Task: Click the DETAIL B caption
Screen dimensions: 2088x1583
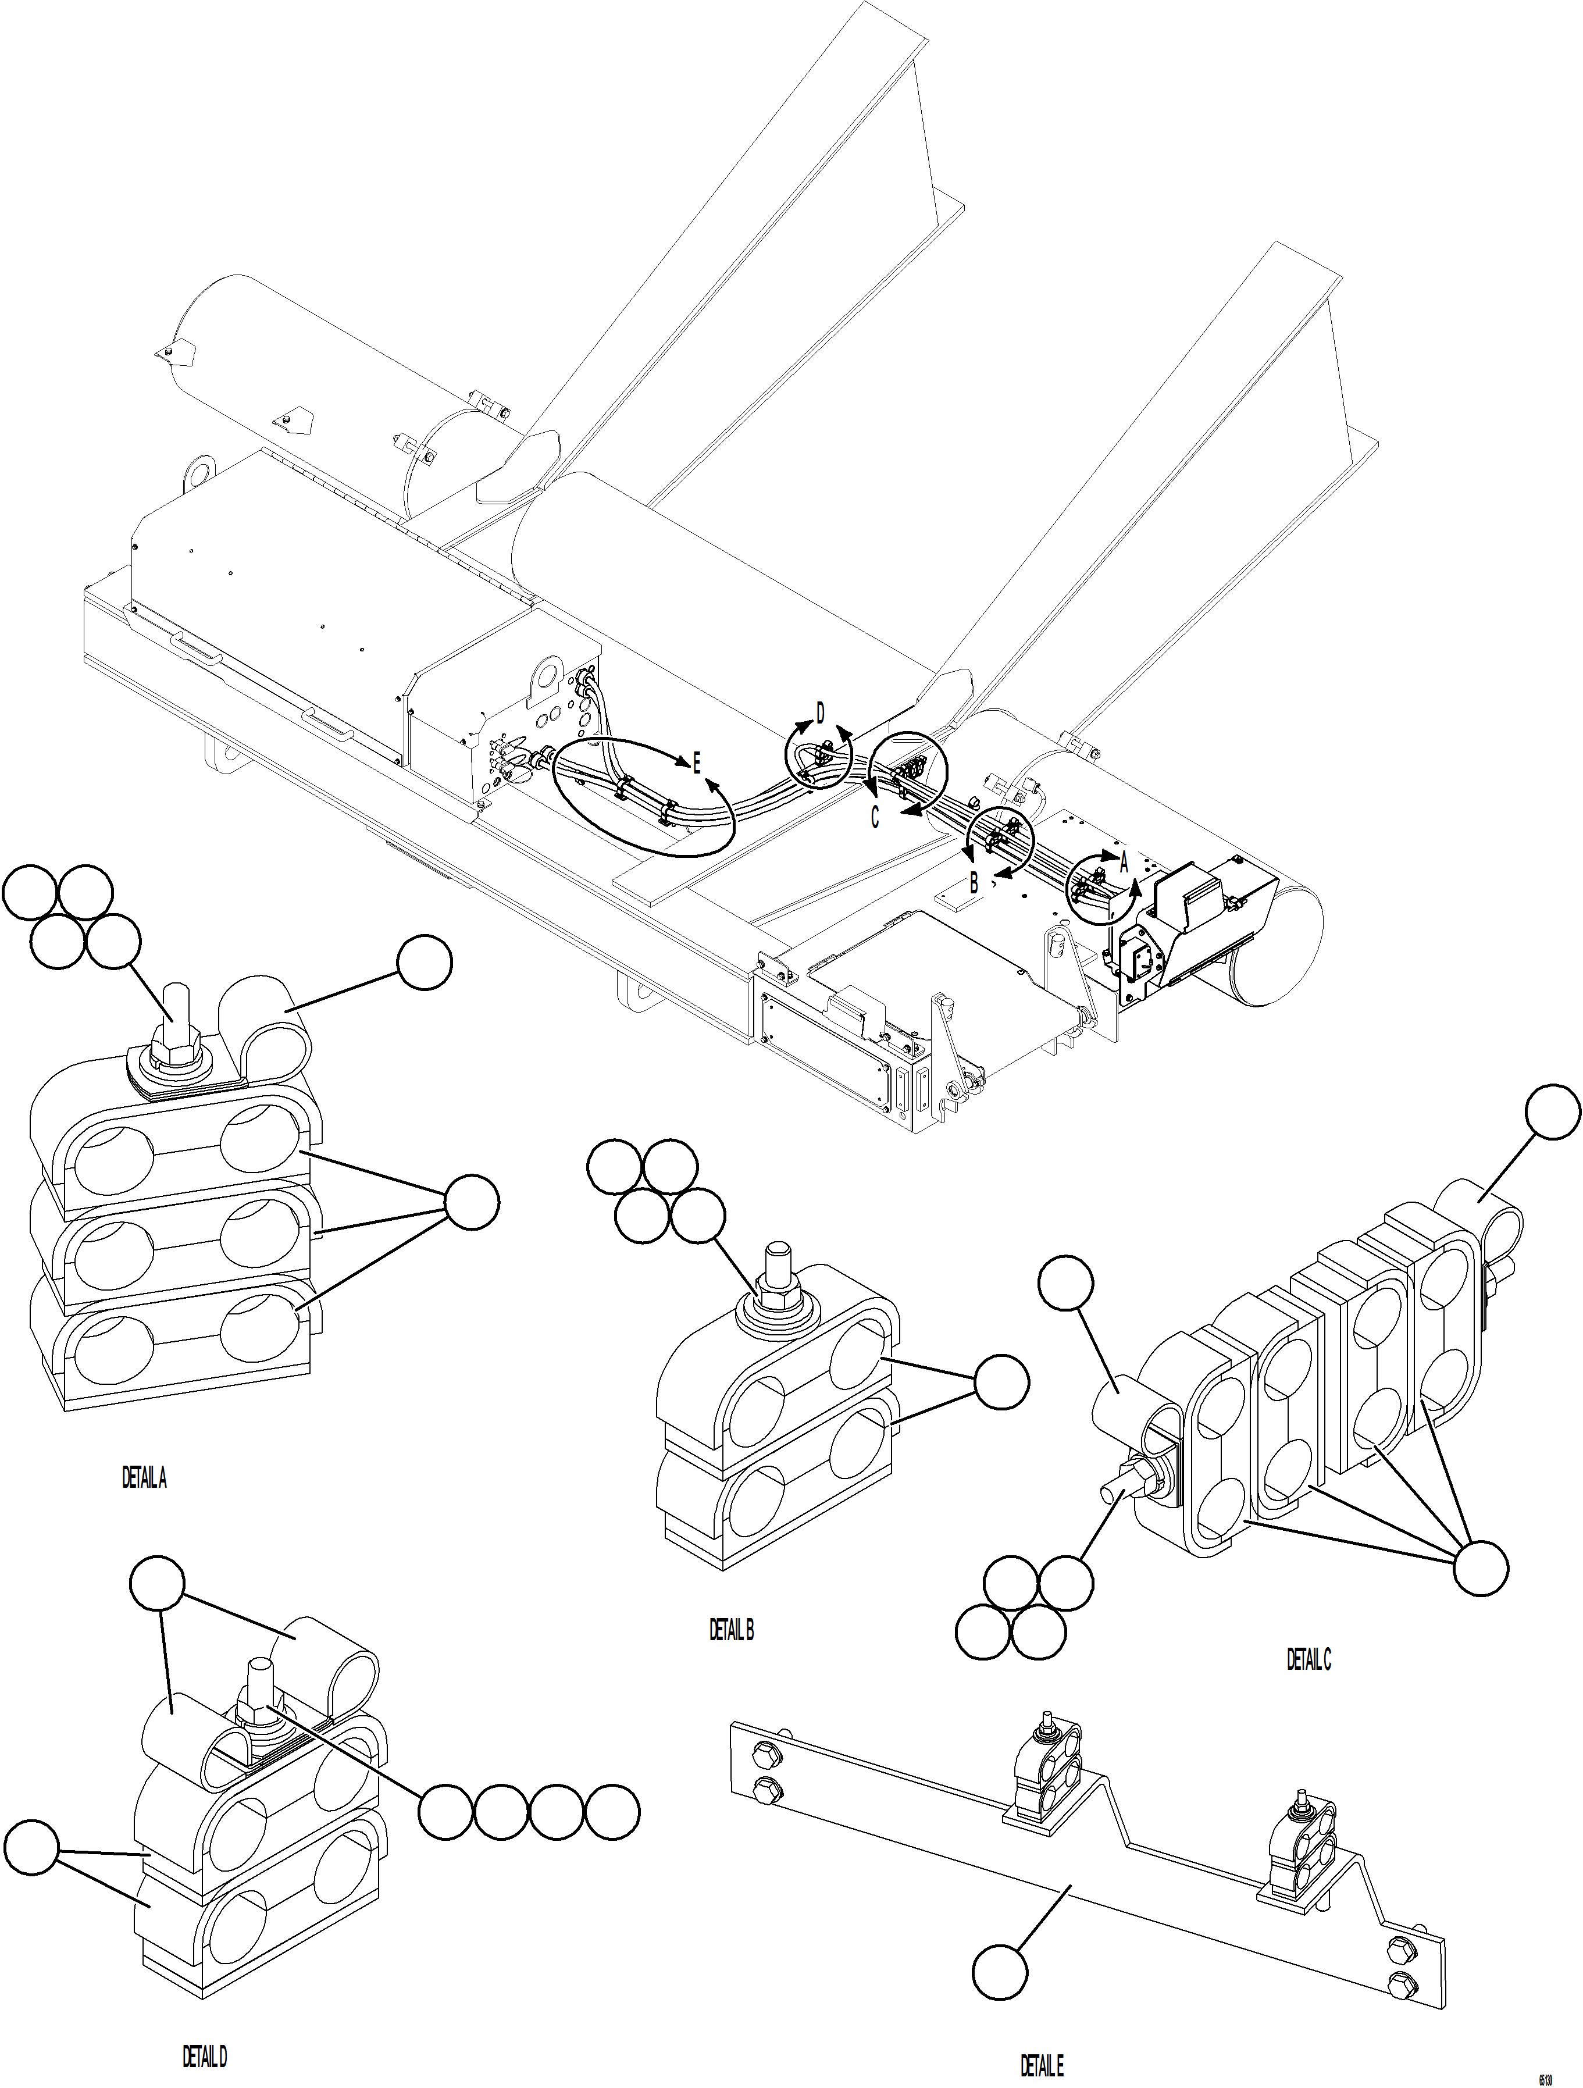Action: (732, 1630)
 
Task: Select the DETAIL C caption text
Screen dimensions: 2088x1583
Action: (1309, 1659)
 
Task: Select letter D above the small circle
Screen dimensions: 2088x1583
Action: (821, 714)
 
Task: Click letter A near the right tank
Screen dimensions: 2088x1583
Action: (1124, 860)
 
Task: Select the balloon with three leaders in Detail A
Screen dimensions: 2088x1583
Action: (471, 1202)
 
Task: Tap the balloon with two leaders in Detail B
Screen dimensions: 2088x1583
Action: (1001, 1384)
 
